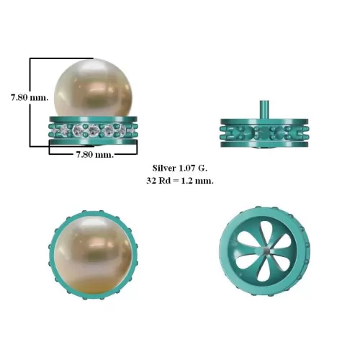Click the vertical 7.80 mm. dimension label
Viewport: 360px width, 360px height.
pos(30,98)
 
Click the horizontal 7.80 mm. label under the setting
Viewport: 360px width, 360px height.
pos(95,155)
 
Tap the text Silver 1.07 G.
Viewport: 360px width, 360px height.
pos(180,168)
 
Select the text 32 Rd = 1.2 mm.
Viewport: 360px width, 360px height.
pos(180,181)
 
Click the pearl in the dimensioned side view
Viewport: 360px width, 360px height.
pos(94,88)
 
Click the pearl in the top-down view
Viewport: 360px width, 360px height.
pos(94,255)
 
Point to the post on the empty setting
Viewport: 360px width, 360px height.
pos(264,109)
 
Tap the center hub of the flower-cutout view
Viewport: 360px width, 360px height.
pos(266,251)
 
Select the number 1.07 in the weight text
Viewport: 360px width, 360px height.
pos(186,168)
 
